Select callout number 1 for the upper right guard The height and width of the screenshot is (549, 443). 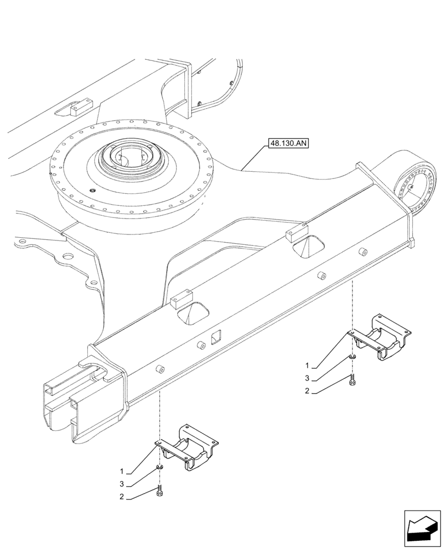(x=308, y=365)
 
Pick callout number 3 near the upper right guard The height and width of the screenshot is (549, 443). (x=308, y=378)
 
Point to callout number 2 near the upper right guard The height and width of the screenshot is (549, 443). (x=308, y=391)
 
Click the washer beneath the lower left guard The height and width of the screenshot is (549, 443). (x=160, y=467)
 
